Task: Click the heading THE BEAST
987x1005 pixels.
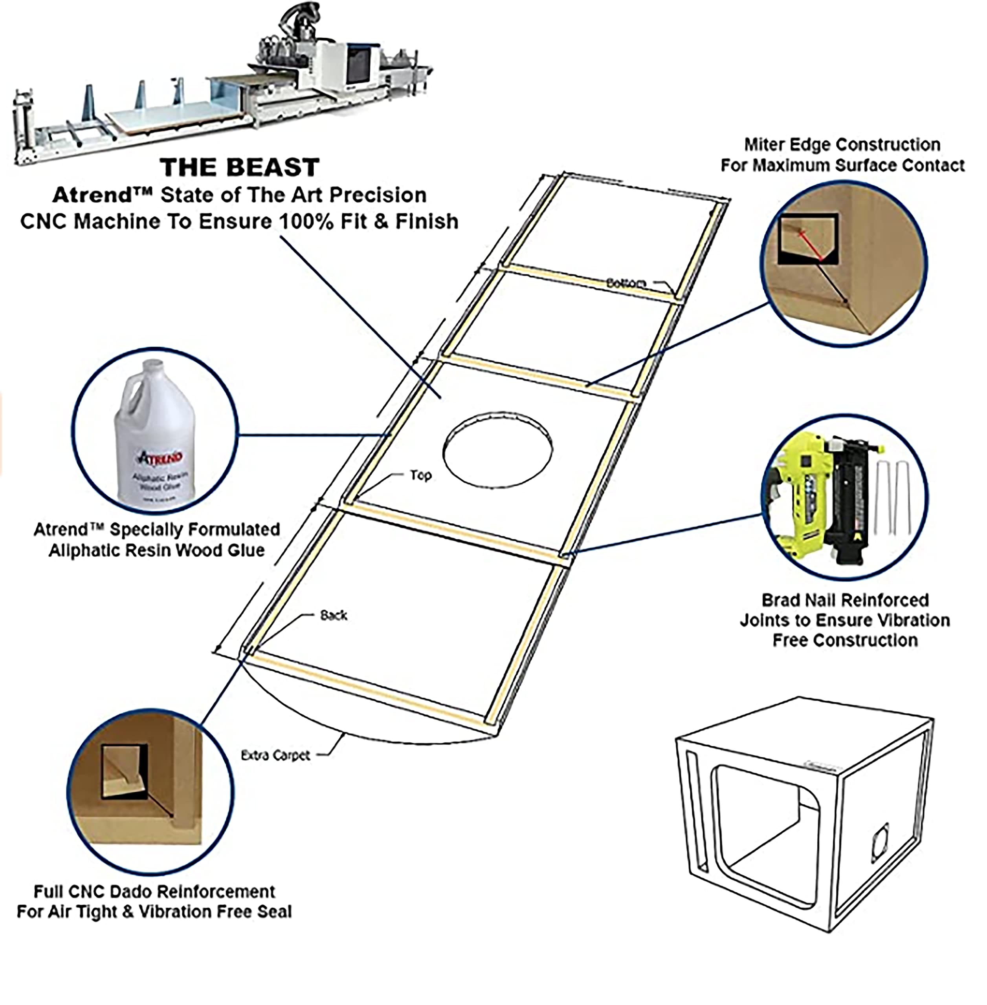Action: pos(240,167)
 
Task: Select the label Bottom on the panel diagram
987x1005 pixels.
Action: pos(626,283)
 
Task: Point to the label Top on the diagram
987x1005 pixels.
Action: pos(420,475)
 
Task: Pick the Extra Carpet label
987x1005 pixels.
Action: pos(275,755)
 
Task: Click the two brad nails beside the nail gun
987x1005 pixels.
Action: pos(893,497)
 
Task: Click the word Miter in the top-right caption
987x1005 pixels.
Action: pos(764,144)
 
